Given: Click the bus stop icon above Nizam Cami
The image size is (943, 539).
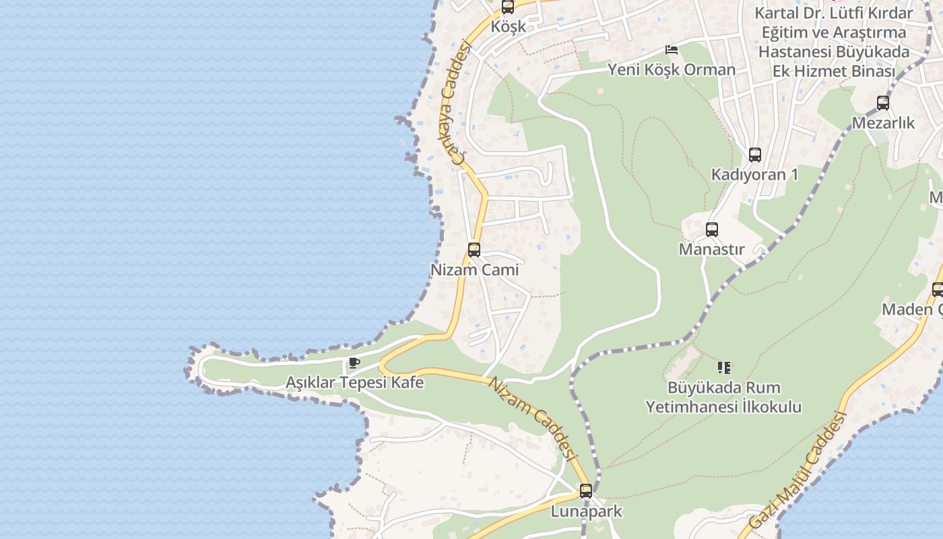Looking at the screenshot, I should click(x=474, y=250).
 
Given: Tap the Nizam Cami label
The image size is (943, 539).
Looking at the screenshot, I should click(x=474, y=270).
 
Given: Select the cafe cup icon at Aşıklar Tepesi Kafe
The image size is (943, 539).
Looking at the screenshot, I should click(x=354, y=364).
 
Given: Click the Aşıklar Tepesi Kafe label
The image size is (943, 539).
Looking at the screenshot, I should click(x=354, y=383).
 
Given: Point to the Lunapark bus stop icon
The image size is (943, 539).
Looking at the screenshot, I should click(x=586, y=491).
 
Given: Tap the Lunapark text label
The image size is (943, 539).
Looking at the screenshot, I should click(x=586, y=511).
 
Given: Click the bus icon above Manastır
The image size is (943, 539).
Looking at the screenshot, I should click(x=712, y=230).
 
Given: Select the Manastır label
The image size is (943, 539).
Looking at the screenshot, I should click(x=712, y=249).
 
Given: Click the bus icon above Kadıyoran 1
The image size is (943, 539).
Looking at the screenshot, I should click(x=755, y=155).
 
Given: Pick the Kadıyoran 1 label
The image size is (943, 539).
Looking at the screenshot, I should click(x=754, y=175).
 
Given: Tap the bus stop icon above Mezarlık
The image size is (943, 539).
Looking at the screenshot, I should click(x=883, y=103).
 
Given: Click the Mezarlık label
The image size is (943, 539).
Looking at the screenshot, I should click(x=883, y=123).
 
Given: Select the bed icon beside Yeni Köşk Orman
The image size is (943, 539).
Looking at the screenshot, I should click(x=671, y=50).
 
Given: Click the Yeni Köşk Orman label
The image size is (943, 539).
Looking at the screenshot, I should click(x=672, y=69).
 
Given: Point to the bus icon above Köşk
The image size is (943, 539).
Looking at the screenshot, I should click(x=508, y=7).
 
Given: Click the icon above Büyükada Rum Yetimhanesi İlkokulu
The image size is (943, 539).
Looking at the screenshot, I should click(x=724, y=368).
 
